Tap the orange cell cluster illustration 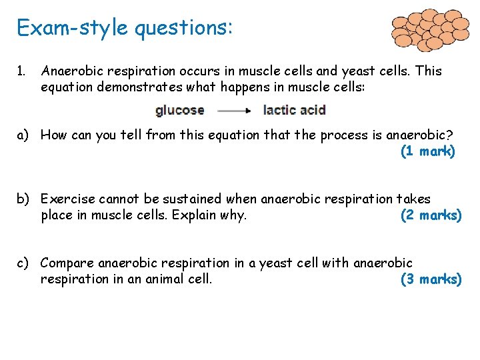[431, 29]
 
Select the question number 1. [21, 71]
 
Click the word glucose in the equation [179, 110]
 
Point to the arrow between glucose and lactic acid [234, 111]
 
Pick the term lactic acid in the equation [294, 110]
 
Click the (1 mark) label [427, 151]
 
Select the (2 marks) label [430, 215]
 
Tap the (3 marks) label [430, 279]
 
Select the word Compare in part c [68, 263]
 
